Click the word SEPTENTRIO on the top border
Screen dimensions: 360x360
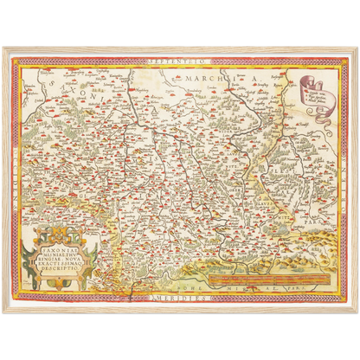click(x=179, y=55)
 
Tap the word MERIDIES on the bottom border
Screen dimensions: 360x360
click(x=179, y=299)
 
